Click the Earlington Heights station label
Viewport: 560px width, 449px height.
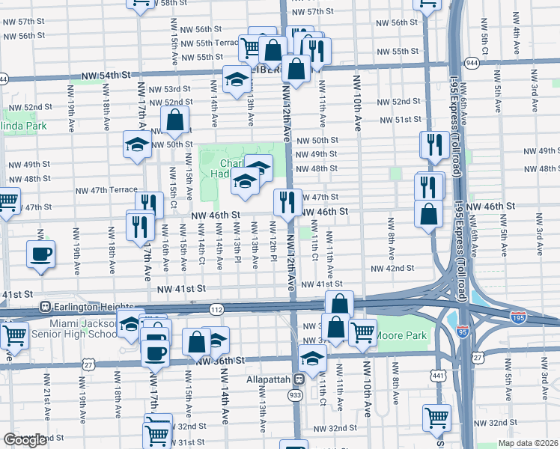tap(82, 306)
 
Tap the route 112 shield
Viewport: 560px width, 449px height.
tap(216, 309)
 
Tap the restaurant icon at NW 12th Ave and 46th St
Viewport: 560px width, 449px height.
tap(287, 201)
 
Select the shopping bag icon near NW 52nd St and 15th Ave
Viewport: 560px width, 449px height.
tap(174, 119)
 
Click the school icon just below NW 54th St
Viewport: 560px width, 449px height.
tap(237, 79)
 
